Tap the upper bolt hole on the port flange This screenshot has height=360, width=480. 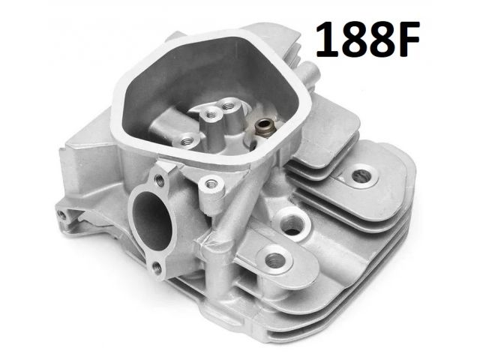point(160,180)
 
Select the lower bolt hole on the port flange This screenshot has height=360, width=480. point(157,268)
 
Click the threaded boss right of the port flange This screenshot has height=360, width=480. point(210,184)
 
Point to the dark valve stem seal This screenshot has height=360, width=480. point(262,126)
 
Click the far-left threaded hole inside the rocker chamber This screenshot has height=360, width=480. point(186,141)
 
